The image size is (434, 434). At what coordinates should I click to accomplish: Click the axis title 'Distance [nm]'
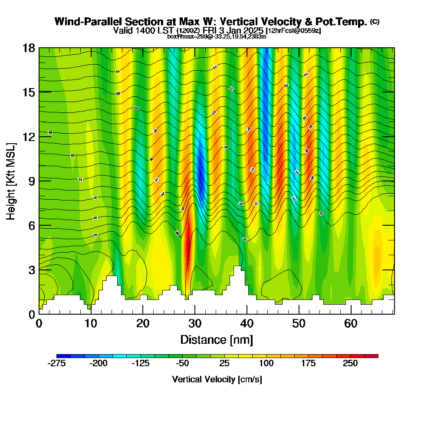[x=217, y=339]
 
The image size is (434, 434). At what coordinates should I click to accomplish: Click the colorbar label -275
[x=56, y=364]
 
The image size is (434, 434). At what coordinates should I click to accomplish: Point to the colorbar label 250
[x=350, y=364]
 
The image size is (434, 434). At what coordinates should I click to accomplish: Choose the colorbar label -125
[x=140, y=364]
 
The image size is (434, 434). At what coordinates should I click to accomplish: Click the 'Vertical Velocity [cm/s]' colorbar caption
[x=217, y=379]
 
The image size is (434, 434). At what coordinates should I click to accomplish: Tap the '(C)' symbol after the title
[x=375, y=21]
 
